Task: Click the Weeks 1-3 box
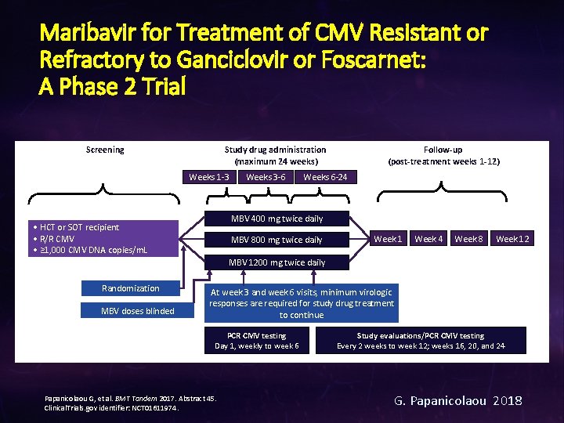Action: pos(209,177)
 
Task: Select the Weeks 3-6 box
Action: pos(266,177)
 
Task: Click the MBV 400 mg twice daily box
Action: pos(277,219)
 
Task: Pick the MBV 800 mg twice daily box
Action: pos(277,240)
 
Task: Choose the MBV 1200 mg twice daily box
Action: pos(277,262)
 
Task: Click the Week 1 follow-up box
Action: pos(389,238)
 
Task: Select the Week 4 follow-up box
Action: pos(428,238)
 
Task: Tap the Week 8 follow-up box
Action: pos(468,238)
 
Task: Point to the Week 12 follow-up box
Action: pos(512,238)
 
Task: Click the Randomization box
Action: pos(130,288)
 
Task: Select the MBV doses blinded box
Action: pos(138,311)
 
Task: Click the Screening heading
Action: pos(105,150)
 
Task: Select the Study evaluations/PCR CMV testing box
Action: pos(421,341)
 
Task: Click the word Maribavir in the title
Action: pos(83,34)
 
